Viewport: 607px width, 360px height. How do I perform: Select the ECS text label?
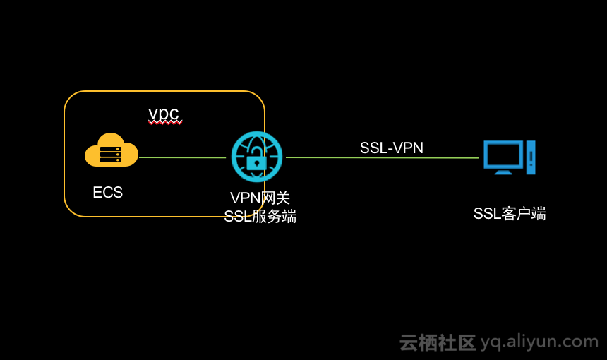click(108, 193)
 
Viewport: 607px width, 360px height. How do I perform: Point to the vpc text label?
click(164, 114)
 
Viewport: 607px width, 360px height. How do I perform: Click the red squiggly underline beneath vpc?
click(165, 123)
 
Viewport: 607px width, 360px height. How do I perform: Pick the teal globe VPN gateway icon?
click(257, 157)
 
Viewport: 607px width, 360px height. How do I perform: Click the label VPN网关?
click(260, 199)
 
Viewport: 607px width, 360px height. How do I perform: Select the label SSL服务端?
click(260, 217)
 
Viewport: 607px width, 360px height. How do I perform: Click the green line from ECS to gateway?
click(182, 157)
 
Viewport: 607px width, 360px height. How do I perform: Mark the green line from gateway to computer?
click(381, 157)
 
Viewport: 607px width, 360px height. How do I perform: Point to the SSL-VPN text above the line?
click(391, 148)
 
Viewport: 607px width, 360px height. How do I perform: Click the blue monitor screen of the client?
click(503, 154)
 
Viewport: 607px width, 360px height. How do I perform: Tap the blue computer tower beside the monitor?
click(531, 157)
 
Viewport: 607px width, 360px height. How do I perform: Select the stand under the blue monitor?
click(503, 172)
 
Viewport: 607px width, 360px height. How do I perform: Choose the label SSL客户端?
click(509, 214)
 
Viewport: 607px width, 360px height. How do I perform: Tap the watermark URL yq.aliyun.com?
click(539, 342)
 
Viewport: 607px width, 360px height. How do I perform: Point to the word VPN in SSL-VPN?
click(408, 148)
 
